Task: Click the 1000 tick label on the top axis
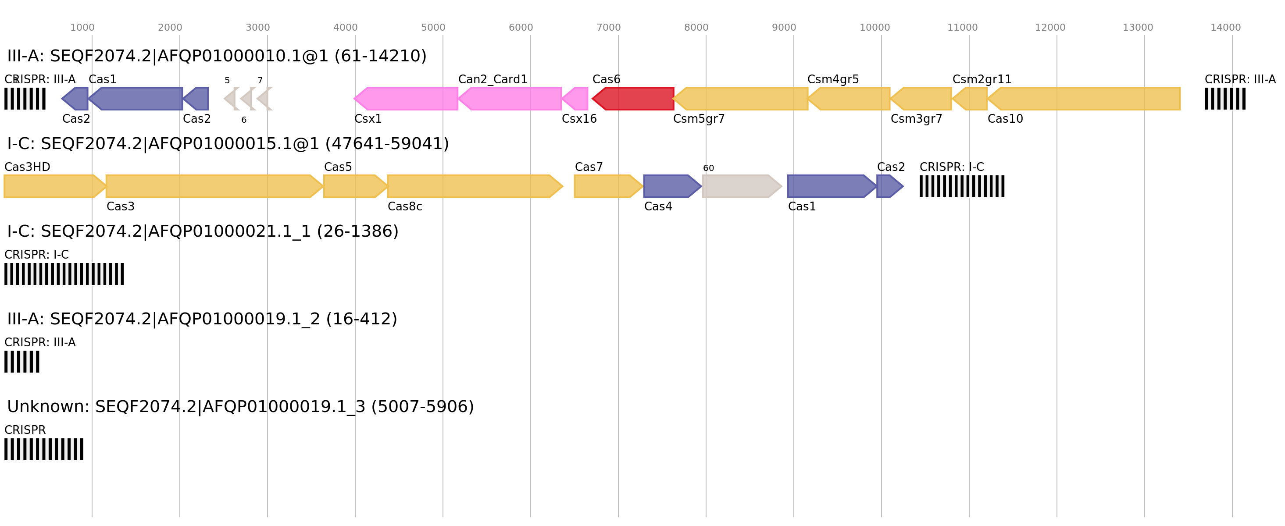[82, 28]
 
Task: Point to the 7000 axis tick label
[609, 28]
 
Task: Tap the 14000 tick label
[1225, 28]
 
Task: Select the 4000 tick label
[345, 28]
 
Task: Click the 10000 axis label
[875, 28]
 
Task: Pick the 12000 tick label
[1050, 28]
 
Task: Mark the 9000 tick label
[784, 28]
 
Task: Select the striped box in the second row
[962, 186]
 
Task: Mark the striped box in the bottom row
[44, 449]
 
